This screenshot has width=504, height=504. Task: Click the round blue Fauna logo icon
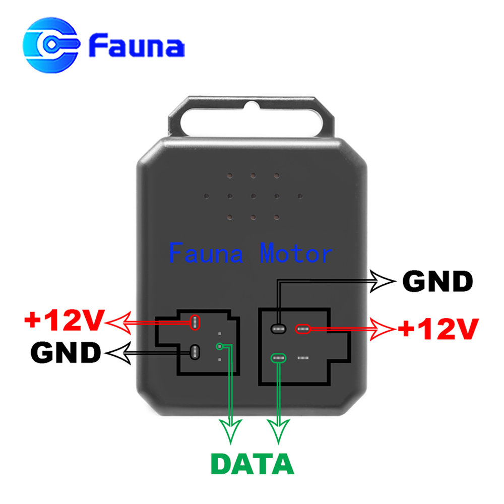51,45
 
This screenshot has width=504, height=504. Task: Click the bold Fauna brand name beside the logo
137,45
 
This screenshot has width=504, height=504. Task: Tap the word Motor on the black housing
296,254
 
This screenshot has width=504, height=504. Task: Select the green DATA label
253,464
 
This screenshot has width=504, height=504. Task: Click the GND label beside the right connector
437,281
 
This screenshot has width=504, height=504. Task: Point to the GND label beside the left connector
66,353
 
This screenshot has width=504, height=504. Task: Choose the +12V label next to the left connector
65,320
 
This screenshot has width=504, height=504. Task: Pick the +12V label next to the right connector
438,329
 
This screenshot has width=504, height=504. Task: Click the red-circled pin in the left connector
195,323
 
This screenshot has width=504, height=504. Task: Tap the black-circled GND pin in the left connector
195,352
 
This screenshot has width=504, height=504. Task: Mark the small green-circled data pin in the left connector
220,346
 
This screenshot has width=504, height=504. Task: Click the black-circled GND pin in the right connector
278,329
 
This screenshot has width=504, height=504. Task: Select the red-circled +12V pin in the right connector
303,329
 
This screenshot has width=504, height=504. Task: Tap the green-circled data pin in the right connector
278,358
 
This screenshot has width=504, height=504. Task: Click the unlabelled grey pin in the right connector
303,358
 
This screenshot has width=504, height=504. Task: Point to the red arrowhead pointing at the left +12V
117,323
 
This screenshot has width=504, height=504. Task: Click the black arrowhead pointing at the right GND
383,281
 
